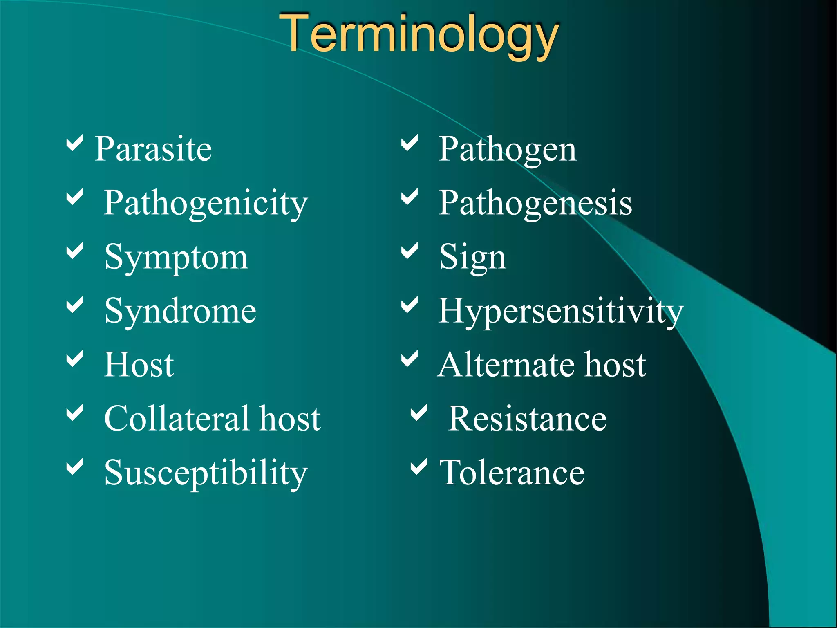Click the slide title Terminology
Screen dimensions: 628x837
coord(418,35)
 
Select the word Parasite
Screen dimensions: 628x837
coord(153,149)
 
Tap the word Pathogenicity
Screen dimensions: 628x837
coord(205,203)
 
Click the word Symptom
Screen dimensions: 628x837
coord(176,258)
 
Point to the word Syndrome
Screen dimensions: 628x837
coord(180,312)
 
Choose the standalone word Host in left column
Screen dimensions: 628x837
coord(139,365)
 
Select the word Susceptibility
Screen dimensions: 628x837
coord(206,473)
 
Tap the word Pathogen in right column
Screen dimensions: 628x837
coord(507,150)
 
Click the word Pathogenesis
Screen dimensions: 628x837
coord(535,203)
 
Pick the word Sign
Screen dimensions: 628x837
coord(472,258)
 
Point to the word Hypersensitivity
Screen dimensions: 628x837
coord(560,312)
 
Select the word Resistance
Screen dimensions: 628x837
coord(527,419)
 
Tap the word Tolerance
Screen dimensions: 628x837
coord(512,473)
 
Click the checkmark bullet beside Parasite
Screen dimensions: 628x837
coord(75,143)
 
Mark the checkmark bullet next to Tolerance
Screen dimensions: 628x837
coord(419,467)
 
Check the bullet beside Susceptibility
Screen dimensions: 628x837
coord(75,467)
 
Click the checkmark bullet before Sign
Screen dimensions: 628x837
coord(410,251)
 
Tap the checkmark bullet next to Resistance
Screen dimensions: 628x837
coord(419,413)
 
